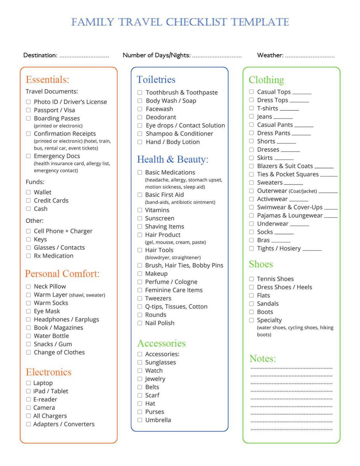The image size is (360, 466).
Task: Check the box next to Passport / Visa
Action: pyautogui.click(x=28, y=110)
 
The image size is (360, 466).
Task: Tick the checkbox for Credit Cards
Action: pyautogui.click(x=28, y=201)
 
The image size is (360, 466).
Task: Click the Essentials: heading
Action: pyautogui.click(x=47, y=79)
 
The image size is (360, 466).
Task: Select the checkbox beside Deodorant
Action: pyautogui.click(x=140, y=117)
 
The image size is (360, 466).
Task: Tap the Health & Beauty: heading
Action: pyautogui.click(x=173, y=159)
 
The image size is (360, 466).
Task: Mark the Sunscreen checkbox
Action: pyautogui.click(x=140, y=218)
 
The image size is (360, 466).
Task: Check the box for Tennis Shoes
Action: pyautogui.click(x=251, y=279)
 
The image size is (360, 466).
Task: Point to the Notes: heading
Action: pyautogui.click(x=262, y=359)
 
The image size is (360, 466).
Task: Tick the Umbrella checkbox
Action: pyautogui.click(x=140, y=420)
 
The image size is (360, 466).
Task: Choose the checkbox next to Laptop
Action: pyautogui.click(x=28, y=383)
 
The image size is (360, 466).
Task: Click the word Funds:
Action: pyautogui.click(x=35, y=182)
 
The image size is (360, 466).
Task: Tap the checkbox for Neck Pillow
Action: pyautogui.click(x=28, y=286)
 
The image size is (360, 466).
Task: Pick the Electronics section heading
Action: pyautogui.click(x=49, y=372)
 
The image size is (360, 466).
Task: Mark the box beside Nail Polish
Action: pyautogui.click(x=140, y=323)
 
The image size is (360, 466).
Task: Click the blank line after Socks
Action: pyautogui.click(x=284, y=233)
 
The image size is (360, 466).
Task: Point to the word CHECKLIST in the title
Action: pyautogui.click(x=196, y=22)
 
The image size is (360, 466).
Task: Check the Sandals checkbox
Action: pyautogui.click(x=251, y=304)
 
